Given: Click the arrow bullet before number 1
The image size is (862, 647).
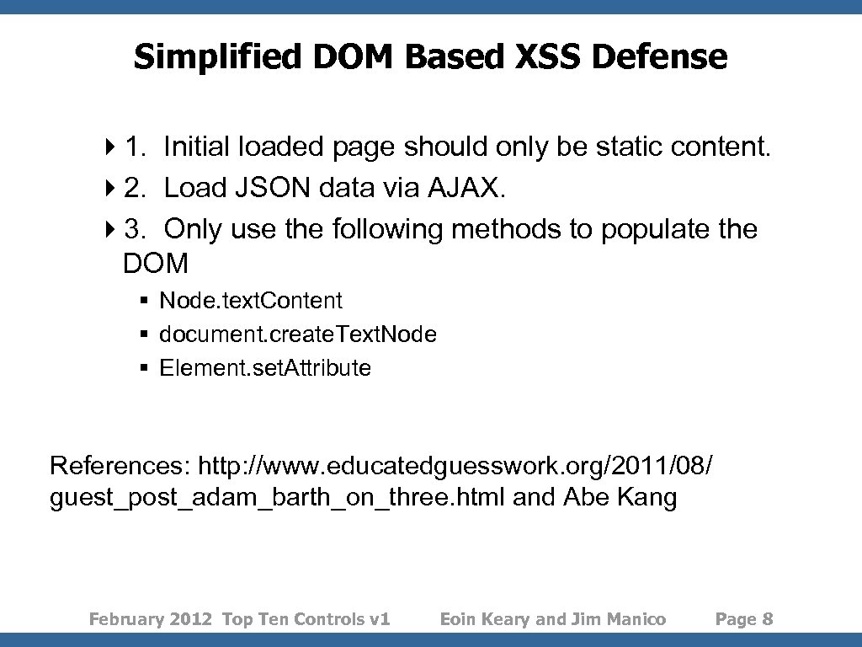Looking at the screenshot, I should coord(114,147).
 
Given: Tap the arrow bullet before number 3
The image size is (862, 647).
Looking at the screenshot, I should coord(114,229).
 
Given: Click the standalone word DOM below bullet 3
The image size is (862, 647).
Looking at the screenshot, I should coord(156,264).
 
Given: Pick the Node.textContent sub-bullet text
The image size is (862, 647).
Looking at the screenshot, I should coord(251,301).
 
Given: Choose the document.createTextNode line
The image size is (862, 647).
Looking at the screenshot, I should coord(298,334).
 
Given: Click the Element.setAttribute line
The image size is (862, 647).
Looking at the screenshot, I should coord(265,368).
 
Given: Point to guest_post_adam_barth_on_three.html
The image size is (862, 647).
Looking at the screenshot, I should coord(278,497).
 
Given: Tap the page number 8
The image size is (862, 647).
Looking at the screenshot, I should coord(767,619).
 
